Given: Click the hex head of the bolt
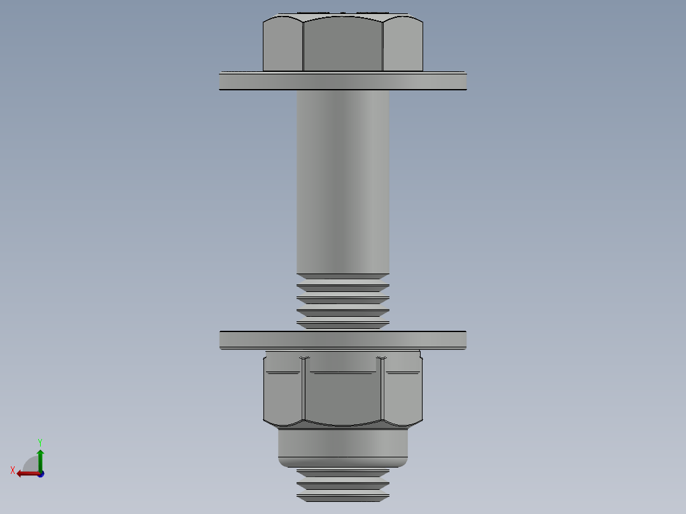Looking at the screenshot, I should click(343, 43).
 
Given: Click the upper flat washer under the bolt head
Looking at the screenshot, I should click(343, 81).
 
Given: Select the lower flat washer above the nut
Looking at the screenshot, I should click(343, 340).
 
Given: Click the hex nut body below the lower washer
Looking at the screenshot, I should click(343, 391).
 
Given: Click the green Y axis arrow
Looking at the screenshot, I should click(40, 457).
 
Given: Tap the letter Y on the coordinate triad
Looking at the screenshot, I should click(40, 441).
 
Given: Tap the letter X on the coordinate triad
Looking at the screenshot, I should click(13, 471).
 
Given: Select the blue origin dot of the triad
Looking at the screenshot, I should click(41, 474).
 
